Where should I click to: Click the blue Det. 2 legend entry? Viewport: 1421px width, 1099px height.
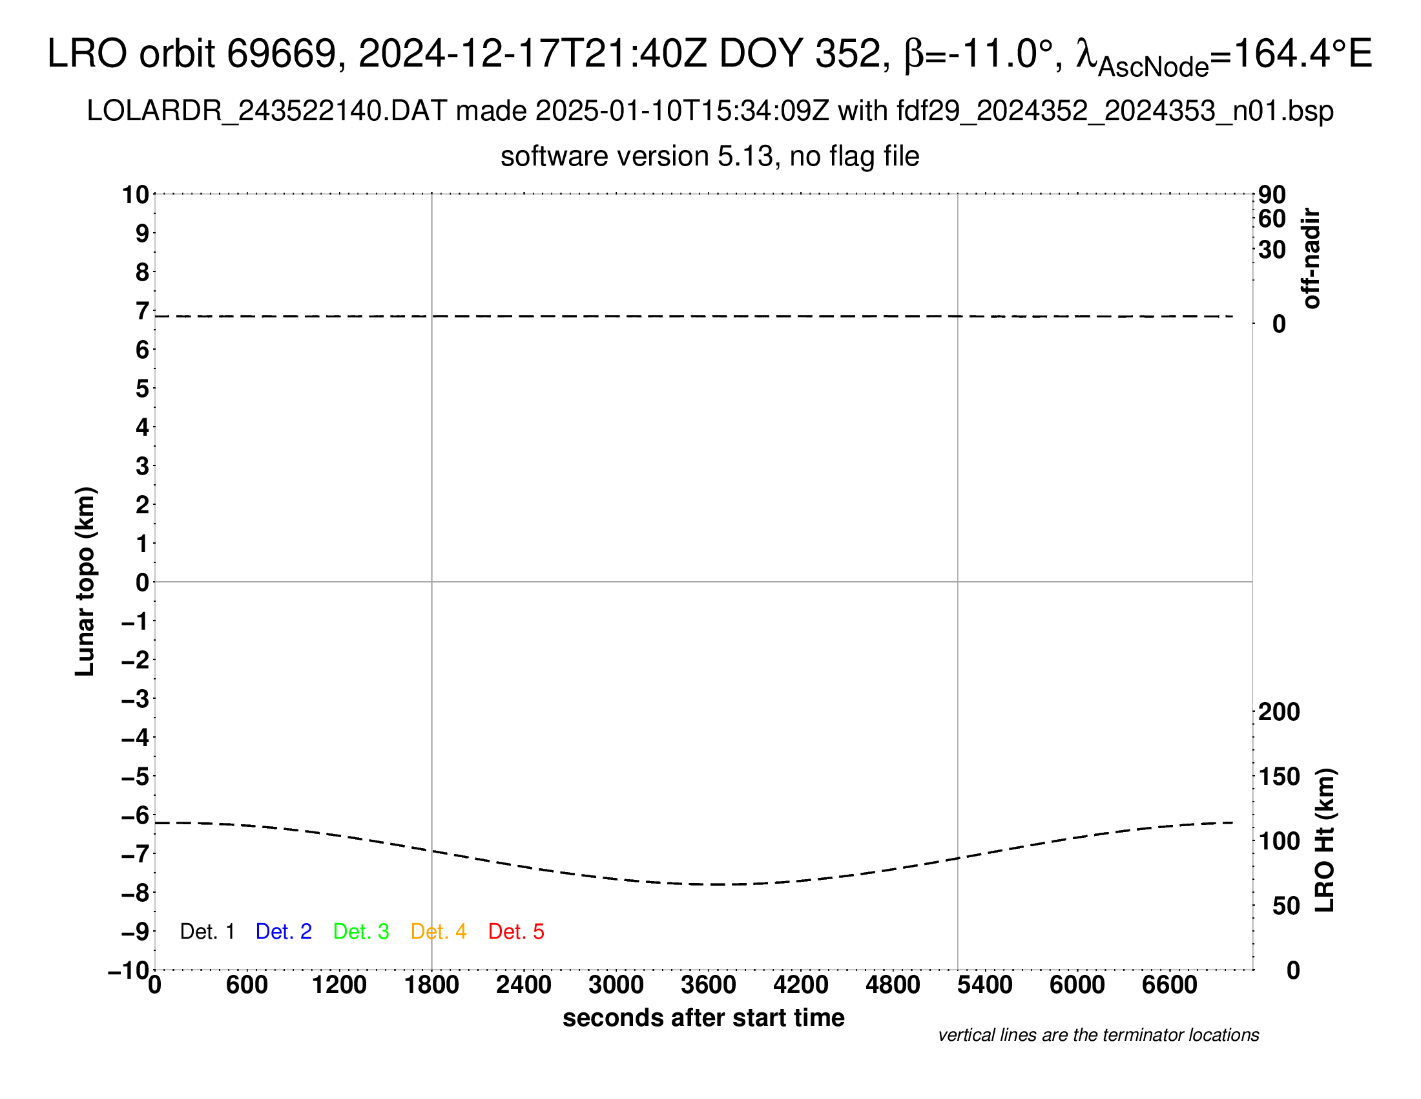284,932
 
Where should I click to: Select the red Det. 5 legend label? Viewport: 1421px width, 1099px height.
516,932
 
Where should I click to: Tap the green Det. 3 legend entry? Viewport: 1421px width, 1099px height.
361,932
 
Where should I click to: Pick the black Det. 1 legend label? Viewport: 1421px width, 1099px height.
207,932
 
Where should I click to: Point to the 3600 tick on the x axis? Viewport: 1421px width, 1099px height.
709,985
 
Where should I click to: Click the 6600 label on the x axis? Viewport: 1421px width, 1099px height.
1169,985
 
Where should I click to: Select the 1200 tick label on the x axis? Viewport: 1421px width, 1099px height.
339,985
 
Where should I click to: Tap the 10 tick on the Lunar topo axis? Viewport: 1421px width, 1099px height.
136,195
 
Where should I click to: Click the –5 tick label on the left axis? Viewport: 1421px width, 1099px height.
136,776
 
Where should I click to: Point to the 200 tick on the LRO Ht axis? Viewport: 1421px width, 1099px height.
1279,712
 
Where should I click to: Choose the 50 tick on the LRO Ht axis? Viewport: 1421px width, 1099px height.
1286,906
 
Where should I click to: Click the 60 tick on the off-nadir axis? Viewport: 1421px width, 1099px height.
1272,219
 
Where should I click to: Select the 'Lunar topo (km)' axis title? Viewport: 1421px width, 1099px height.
85,581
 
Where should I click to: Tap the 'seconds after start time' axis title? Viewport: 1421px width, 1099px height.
703,1018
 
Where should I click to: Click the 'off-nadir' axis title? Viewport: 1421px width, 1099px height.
1311,259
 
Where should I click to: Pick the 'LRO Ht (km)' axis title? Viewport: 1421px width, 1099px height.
1325,840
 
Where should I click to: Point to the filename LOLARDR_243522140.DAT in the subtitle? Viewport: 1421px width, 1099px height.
266,111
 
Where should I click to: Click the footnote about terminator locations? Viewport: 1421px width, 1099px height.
1098,1035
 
